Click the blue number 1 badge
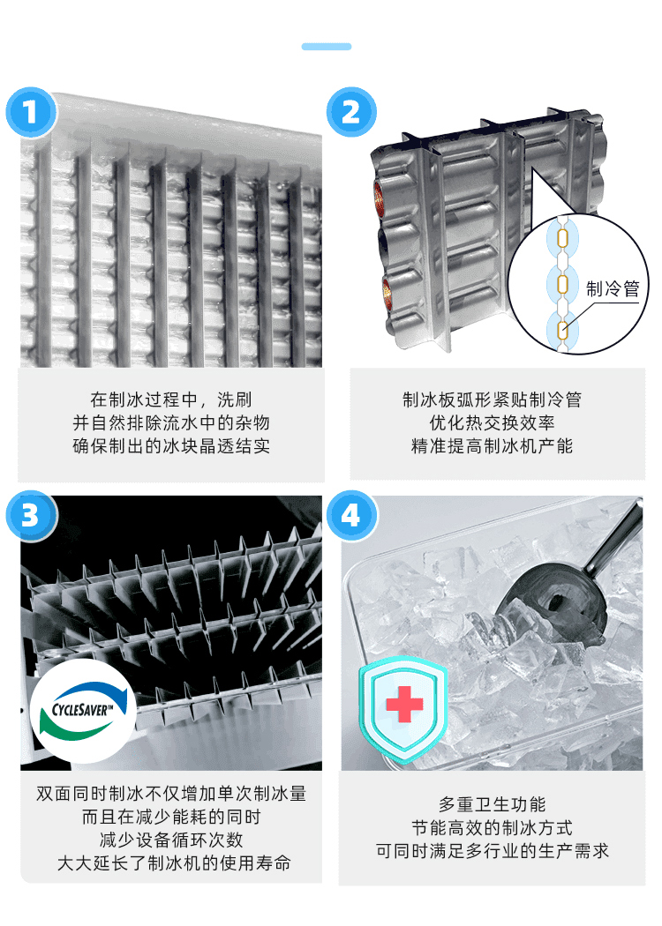31,112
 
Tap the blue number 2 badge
351,112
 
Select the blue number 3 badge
31,516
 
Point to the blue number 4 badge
351,516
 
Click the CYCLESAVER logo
83,711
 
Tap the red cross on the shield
404,704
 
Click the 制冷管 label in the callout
613,288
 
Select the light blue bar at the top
327,47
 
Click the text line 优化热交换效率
492,422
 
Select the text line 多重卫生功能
492,804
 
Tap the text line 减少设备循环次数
171,840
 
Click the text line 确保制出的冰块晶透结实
171,446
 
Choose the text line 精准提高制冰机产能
492,446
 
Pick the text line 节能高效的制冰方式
492,827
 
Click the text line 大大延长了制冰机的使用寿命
175,863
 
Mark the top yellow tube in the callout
563,238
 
